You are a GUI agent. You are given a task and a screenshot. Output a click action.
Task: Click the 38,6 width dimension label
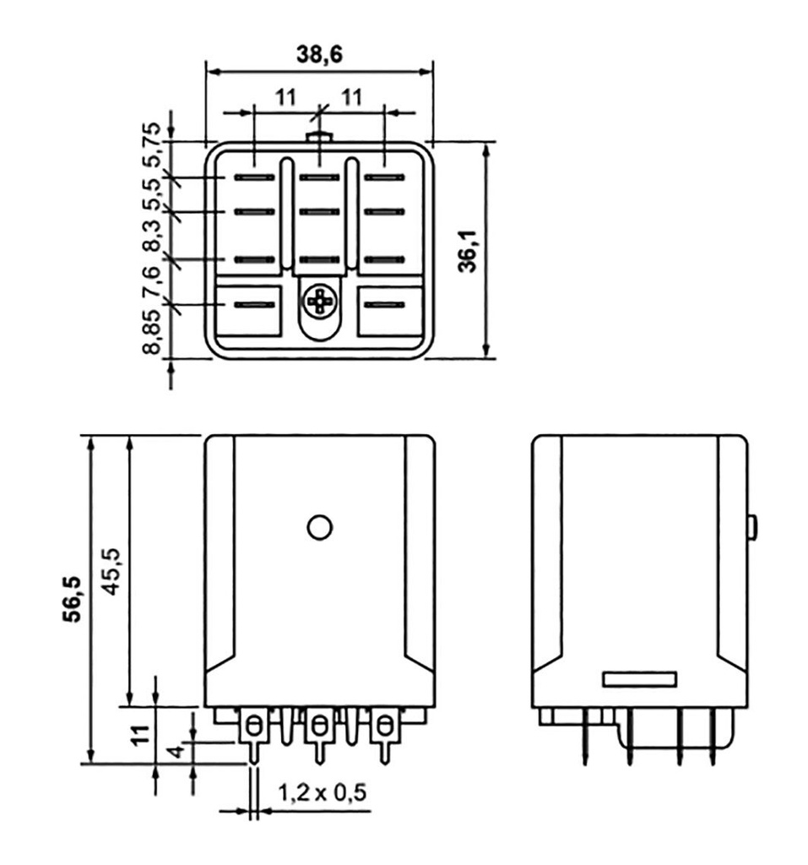[319, 54]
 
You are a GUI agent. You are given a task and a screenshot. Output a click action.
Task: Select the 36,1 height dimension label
[469, 251]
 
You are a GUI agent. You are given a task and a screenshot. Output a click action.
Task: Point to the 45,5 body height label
[111, 572]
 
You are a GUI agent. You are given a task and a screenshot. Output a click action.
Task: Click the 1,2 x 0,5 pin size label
[322, 792]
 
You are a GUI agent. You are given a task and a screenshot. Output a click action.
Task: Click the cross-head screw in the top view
[319, 302]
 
